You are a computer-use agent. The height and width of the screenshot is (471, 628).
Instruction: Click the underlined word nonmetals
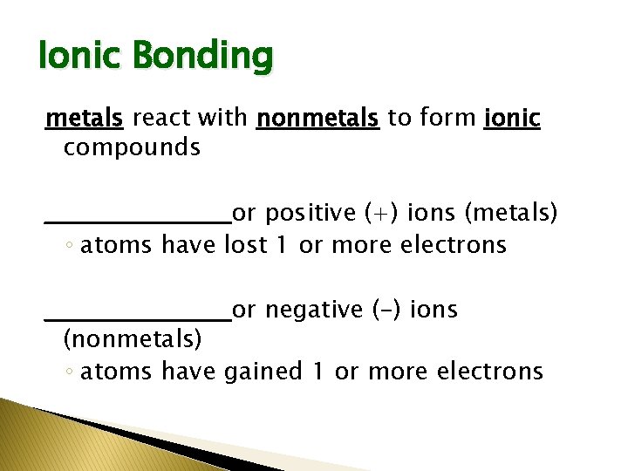(x=318, y=118)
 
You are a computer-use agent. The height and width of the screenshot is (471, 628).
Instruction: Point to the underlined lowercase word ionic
(x=511, y=118)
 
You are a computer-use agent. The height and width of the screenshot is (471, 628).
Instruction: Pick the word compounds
(x=132, y=147)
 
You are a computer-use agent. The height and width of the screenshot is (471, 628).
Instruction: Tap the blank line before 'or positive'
(x=138, y=220)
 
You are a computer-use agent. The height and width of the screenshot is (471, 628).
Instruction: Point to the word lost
(x=246, y=245)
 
